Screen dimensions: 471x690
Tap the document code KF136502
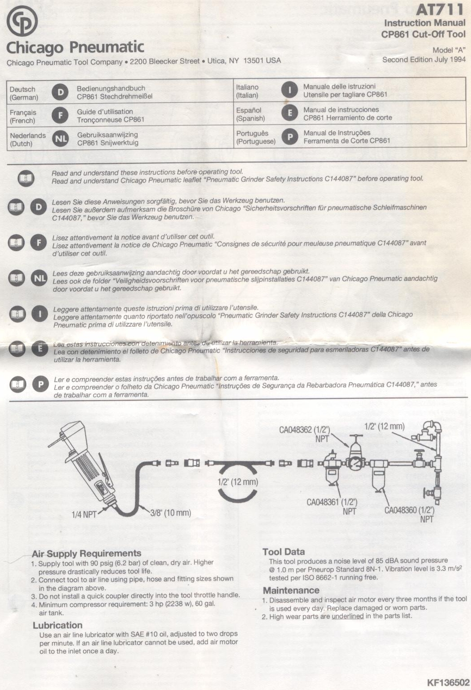(448, 682)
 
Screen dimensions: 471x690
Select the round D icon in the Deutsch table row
(60, 92)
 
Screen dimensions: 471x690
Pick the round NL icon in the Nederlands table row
(60, 139)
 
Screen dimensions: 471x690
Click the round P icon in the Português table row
(290, 137)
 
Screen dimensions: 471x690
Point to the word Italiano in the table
(247, 87)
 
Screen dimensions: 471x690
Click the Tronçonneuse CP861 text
(110, 120)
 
